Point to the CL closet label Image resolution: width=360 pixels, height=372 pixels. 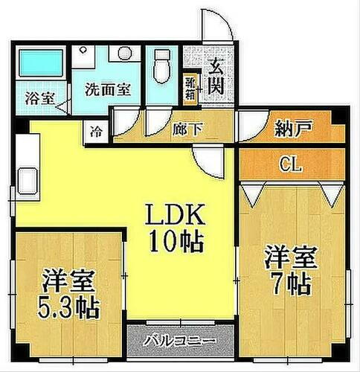291,164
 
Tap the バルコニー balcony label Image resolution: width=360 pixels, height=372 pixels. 180,341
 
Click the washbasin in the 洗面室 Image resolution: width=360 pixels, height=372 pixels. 121,55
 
